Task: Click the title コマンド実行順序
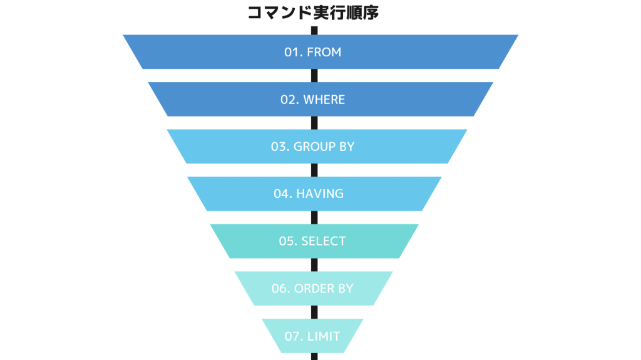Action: (313, 13)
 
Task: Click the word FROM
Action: (324, 53)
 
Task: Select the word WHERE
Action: (324, 100)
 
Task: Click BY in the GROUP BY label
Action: (347, 147)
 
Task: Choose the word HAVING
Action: (320, 193)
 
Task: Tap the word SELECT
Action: (324, 241)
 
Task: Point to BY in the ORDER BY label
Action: (346, 289)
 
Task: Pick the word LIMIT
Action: (324, 336)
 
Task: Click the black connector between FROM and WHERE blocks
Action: (314, 75)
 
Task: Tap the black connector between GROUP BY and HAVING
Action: (314, 170)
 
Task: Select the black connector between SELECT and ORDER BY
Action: (314, 265)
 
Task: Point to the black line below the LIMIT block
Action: (314, 356)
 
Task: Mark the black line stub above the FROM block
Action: (314, 31)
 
